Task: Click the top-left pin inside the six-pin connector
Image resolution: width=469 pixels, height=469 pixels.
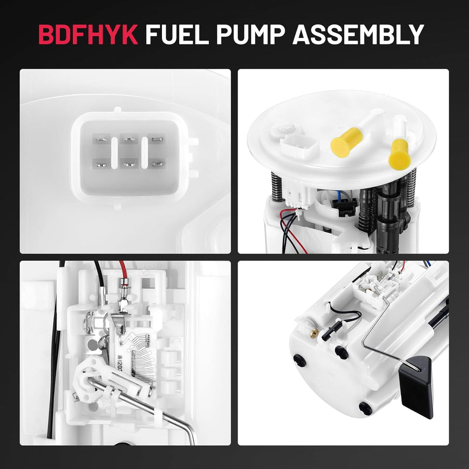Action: [x=101, y=140]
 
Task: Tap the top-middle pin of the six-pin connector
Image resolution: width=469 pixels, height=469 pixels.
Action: [x=129, y=140]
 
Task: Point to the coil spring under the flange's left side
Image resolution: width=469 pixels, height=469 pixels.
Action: [x=277, y=187]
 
